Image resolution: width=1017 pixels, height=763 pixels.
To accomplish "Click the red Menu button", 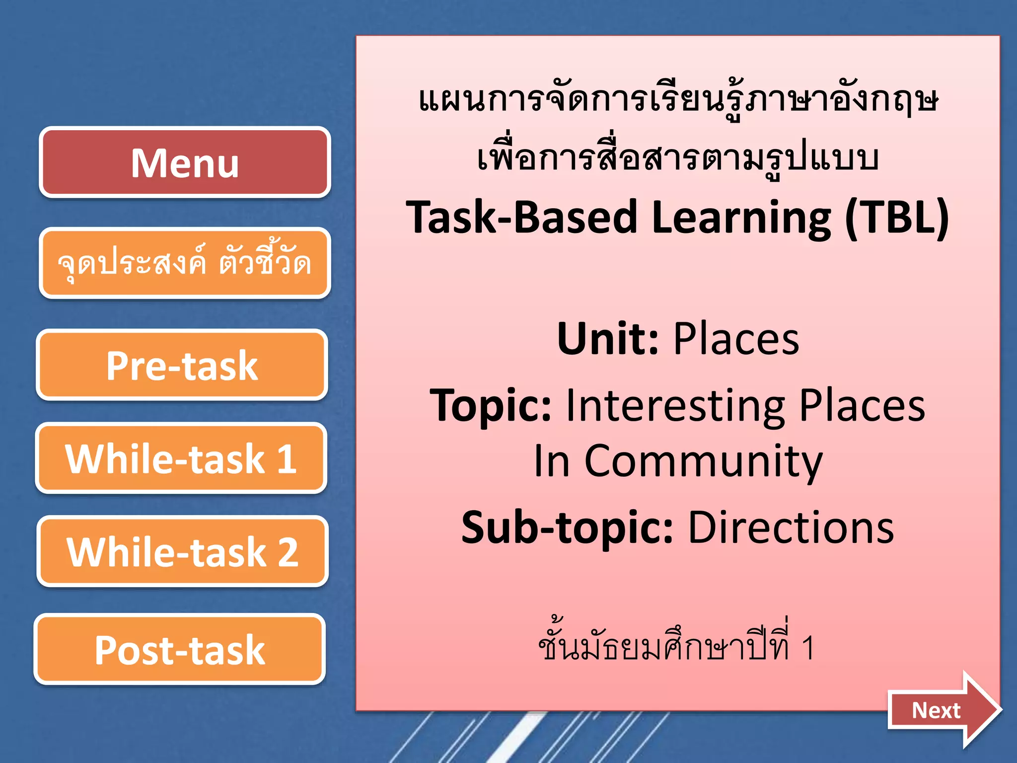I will (185, 162).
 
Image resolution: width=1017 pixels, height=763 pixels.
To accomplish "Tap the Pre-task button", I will (182, 365).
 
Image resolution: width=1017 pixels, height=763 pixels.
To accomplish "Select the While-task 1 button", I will (181, 458).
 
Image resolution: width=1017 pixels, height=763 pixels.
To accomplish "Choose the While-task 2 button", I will (182, 551).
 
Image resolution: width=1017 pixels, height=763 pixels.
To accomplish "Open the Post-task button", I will (180, 649).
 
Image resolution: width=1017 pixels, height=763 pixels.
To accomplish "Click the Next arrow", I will (943, 710).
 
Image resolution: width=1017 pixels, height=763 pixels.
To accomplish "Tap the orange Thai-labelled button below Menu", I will (185, 263).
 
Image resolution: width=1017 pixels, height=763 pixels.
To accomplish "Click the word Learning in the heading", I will (741, 217).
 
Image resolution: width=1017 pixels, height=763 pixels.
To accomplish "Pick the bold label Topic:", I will (491, 405).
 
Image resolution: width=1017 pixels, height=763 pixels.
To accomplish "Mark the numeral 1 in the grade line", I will (807, 648).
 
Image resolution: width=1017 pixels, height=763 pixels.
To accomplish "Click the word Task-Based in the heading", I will (521, 217).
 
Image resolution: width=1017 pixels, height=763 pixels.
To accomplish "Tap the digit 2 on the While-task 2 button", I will (288, 551).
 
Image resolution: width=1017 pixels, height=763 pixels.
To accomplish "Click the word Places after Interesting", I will (862, 405).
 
